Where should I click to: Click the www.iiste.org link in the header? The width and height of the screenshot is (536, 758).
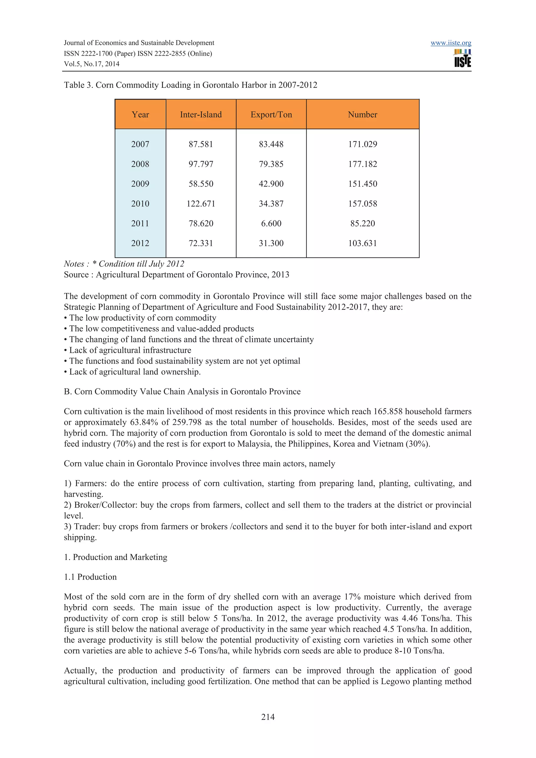[450, 43]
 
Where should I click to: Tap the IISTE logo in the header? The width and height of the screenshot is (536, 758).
[462, 58]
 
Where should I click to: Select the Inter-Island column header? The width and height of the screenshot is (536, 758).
[201, 115]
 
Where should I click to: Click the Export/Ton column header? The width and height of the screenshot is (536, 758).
[271, 115]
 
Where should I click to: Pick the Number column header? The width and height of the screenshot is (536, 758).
[362, 115]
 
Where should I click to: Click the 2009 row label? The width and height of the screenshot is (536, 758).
[140, 184]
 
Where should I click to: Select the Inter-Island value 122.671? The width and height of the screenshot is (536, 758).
[201, 204]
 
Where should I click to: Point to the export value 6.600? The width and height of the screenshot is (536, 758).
[271, 224]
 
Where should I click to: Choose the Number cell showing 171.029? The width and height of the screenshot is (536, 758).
[362, 144]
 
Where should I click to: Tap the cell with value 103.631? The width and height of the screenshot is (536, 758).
[362, 243]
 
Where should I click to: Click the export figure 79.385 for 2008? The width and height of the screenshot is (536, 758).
[271, 164]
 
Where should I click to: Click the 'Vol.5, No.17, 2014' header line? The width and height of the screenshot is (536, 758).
[92, 64]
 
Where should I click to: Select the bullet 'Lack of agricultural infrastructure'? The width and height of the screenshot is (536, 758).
[130, 350]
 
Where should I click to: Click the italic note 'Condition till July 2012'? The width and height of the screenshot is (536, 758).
[141, 264]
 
